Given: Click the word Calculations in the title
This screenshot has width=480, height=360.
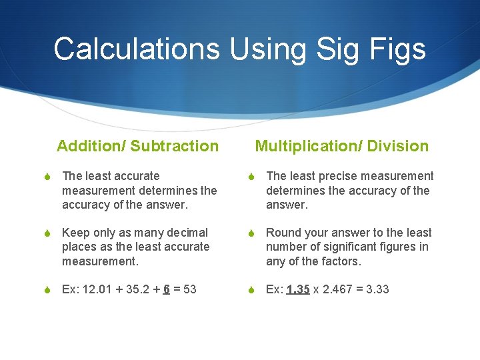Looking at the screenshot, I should pos(137,49).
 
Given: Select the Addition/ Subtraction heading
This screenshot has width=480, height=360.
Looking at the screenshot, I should pos(138,146).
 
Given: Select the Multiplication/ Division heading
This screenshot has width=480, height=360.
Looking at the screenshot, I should pos(342,146).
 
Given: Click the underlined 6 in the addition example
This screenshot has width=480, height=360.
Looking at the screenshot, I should pos(166,289).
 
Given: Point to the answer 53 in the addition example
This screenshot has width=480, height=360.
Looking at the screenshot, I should pos(189,289).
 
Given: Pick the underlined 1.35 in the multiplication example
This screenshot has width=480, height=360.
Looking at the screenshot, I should pos(298,289).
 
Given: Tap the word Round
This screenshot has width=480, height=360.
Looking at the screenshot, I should pos(283,233).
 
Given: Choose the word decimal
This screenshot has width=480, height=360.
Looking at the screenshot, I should pos(187,233).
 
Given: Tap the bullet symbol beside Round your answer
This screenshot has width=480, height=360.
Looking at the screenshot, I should pos(251,233).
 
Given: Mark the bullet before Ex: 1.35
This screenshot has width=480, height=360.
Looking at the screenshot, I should pos(251,290).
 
